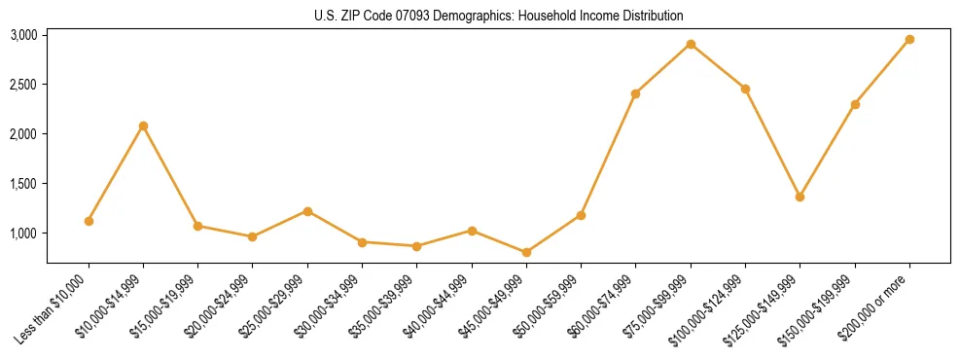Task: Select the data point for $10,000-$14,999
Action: pos(144,126)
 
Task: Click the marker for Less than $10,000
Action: pos(89,221)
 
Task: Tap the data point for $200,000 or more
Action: pos(909,39)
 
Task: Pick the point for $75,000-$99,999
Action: pos(691,44)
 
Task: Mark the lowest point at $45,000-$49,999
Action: pos(526,252)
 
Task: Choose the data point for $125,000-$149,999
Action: pos(800,197)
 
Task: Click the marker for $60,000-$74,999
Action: pos(636,93)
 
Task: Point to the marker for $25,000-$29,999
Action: pos(307,211)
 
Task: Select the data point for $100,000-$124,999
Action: pos(745,89)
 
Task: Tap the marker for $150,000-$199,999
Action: pos(855,104)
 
